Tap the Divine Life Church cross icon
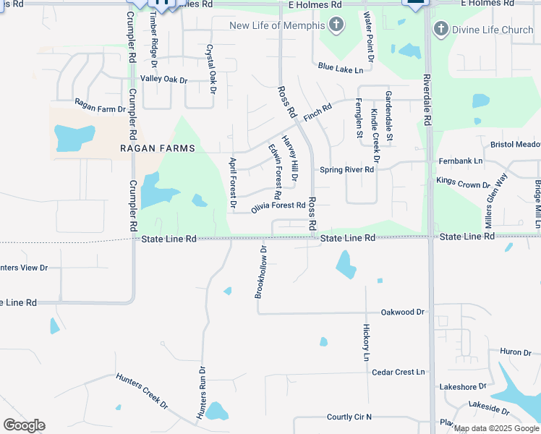coord(440,30)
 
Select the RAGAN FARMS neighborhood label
coord(158,148)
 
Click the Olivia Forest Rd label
coord(278,206)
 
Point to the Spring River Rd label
coord(347,170)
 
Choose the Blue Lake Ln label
coord(340,67)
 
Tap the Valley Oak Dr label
coord(163,79)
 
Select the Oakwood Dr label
coord(403,312)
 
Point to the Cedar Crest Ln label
coord(398,372)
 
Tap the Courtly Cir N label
coord(349,417)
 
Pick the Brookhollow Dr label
coord(261,272)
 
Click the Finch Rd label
coord(317,111)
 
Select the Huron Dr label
coord(516,352)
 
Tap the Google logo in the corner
coord(24,425)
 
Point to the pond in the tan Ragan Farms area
coord(74,137)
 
